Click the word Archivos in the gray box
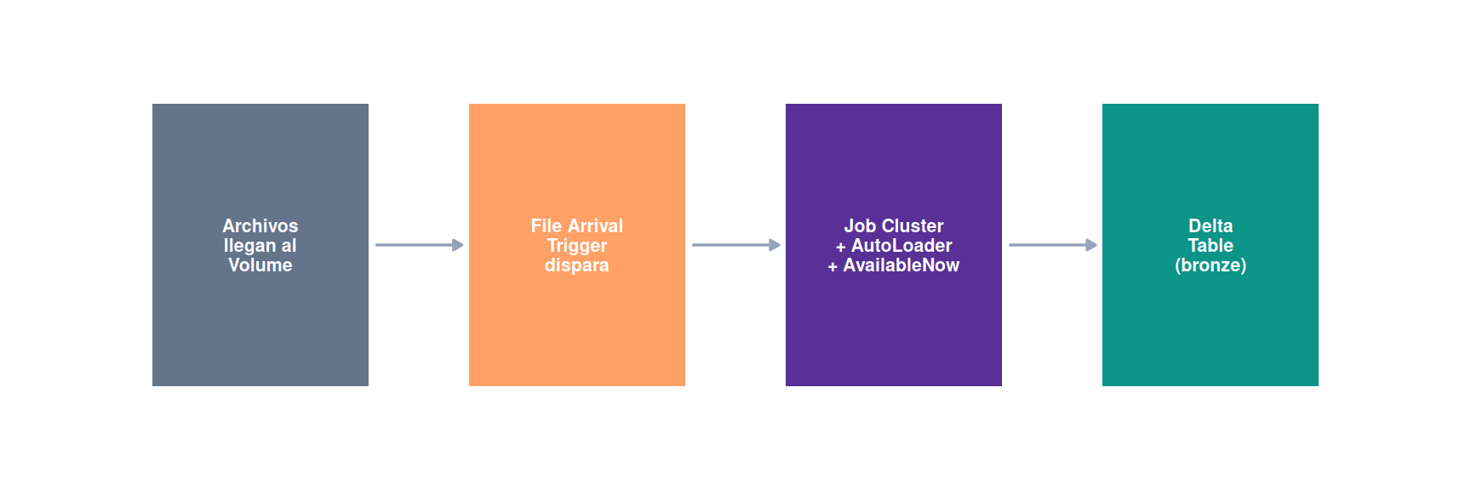[260, 225]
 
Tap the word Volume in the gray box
[260, 265]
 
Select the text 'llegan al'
[260, 246]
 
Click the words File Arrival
[577, 225]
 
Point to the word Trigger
[577, 246]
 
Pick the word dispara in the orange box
[577, 265]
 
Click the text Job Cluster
[894, 225]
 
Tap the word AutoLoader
[901, 245]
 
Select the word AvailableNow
[901, 265]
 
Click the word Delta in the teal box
[1211, 225]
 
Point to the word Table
[1211, 245]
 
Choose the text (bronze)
[1211, 265]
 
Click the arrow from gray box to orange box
[420, 245]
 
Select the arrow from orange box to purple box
[736, 245]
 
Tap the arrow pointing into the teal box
[1053, 245]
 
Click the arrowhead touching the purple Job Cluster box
[775, 245]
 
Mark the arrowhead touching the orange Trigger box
[458, 245]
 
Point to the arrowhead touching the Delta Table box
[1091, 245]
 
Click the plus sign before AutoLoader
[841, 247]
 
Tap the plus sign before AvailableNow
[833, 266]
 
